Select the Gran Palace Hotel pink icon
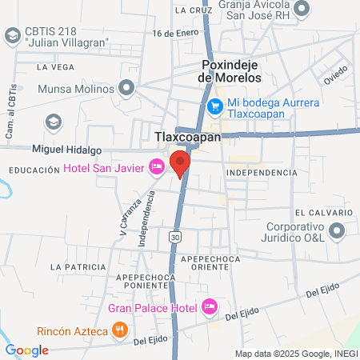pyautogui.click(x=210, y=306)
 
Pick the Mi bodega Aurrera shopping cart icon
pyautogui.click(x=214, y=106)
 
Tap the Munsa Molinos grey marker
pyautogui.click(x=126, y=88)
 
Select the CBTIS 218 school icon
pyautogui.click(x=12, y=36)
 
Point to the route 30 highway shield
pyautogui.click(x=175, y=238)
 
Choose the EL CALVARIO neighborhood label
pyautogui.click(x=322, y=213)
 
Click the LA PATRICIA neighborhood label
pyautogui.click(x=78, y=266)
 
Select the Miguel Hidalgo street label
pyautogui.click(x=66, y=150)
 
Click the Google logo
pyautogui.click(x=26, y=350)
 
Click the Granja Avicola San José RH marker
pyautogui.click(x=301, y=9)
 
